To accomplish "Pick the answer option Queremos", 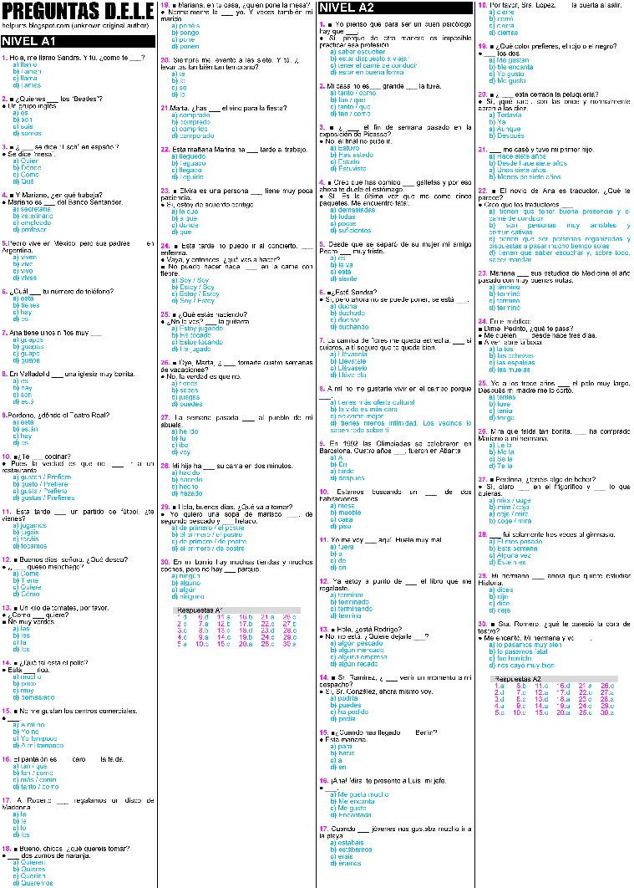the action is [x=36, y=882].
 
